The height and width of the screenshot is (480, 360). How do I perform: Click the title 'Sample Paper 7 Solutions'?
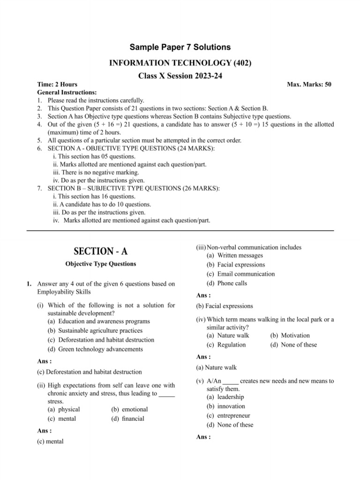[180, 47]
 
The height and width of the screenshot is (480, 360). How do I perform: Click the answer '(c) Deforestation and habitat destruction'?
[89, 372]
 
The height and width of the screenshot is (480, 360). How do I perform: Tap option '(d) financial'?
[128, 419]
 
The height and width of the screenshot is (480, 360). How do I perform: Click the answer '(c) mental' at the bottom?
[50, 442]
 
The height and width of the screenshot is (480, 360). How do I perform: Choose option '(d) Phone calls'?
[226, 283]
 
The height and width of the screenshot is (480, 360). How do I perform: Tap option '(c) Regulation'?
[226, 345]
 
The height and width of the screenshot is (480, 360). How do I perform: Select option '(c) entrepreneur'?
[228, 415]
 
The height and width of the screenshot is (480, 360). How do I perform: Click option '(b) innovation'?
[225, 406]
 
